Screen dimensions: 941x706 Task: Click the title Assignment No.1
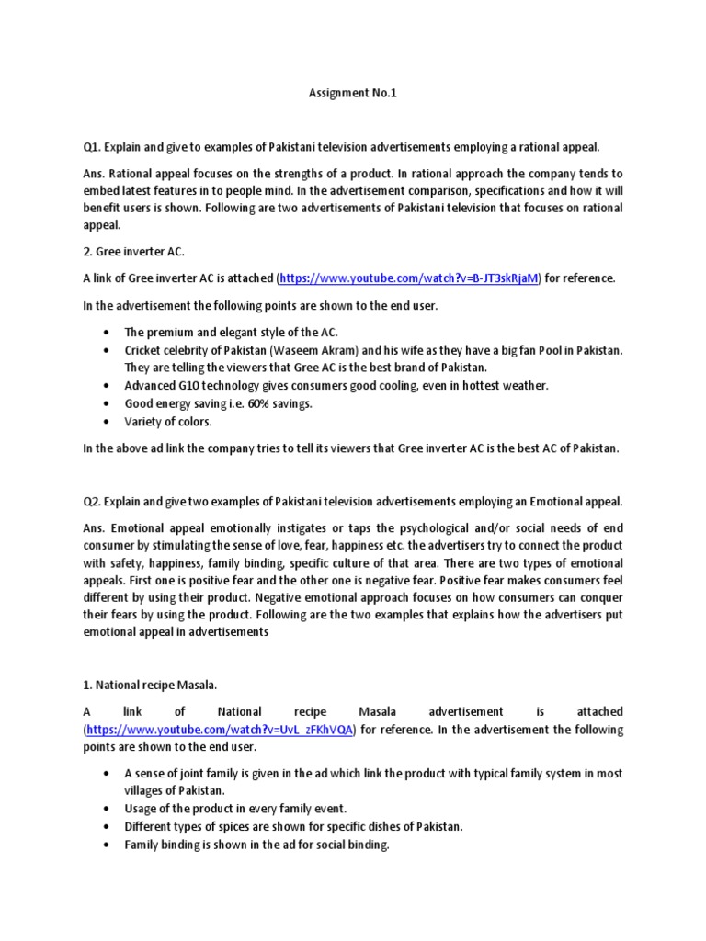(352, 93)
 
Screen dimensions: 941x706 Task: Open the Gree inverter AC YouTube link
(409, 278)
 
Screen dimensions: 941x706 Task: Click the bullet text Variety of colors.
(168, 422)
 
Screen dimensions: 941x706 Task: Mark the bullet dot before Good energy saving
(108, 403)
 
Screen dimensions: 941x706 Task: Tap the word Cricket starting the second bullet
(143, 350)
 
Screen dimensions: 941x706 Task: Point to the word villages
(146, 790)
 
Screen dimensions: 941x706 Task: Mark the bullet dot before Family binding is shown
(108, 845)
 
